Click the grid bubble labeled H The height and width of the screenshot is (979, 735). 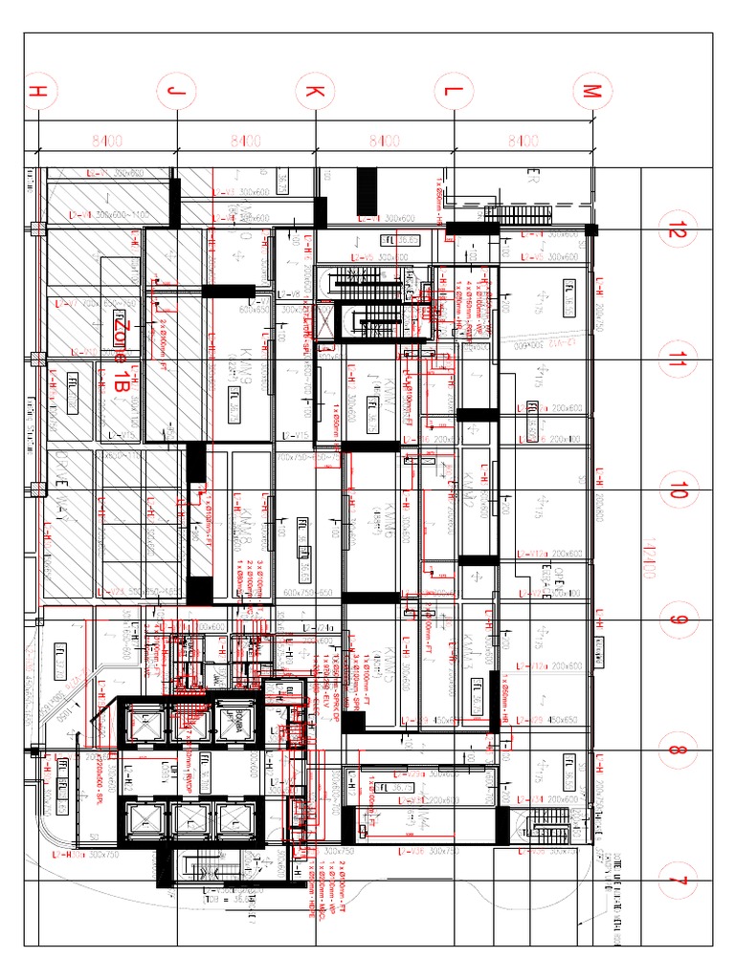pos(37,92)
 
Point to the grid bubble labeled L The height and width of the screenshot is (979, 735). pos(453,92)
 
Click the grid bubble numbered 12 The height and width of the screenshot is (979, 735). pos(679,229)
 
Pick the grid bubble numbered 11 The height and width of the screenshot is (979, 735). pos(679,360)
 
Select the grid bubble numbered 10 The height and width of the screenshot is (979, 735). pos(679,491)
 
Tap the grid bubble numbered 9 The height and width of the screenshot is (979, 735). pos(679,621)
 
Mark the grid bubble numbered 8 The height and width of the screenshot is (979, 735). pos(679,751)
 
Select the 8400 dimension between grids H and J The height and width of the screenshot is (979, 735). pos(106,141)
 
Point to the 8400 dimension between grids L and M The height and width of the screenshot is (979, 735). pos(522,141)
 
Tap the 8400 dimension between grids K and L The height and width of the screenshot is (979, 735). pos(384,141)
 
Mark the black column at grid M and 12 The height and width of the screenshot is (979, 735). pos(591,229)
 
